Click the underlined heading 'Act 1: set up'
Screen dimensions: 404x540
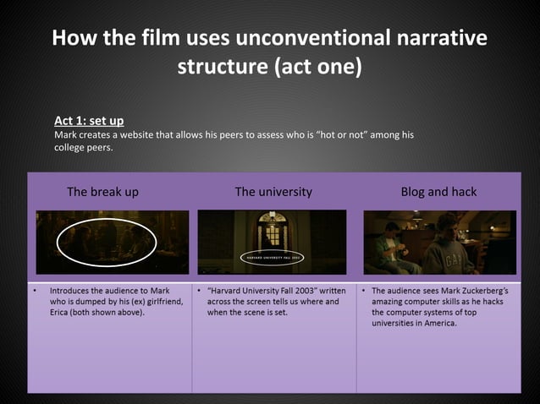point(89,121)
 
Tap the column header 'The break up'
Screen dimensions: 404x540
point(102,192)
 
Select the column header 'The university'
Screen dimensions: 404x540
point(273,192)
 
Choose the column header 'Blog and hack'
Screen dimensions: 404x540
point(438,192)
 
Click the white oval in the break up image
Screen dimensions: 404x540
point(106,242)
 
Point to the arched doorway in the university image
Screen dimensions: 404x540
point(273,229)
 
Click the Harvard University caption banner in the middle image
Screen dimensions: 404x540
point(273,256)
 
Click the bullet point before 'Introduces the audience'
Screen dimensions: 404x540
point(35,290)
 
